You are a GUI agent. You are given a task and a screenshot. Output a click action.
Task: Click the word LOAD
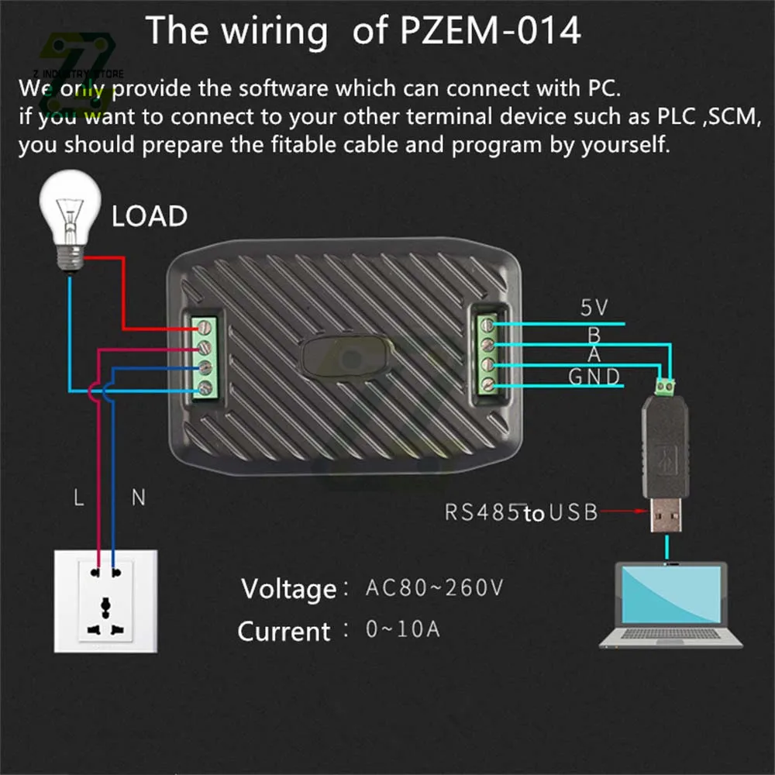(150, 216)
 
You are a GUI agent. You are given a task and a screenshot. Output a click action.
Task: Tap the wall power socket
(105, 600)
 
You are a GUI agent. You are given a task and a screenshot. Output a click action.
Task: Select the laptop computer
(671, 604)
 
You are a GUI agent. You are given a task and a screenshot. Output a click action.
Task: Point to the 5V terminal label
(594, 308)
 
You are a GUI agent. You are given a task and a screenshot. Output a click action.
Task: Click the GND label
(594, 377)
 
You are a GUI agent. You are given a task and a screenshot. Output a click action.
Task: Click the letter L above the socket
(78, 498)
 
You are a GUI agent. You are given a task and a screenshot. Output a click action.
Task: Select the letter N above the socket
(138, 498)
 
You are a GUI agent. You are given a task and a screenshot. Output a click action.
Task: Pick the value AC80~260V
(434, 587)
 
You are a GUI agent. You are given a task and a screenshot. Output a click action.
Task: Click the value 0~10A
(402, 629)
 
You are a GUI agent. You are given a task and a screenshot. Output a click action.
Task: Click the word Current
(284, 632)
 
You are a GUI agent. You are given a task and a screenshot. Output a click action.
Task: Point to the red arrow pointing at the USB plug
(625, 511)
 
